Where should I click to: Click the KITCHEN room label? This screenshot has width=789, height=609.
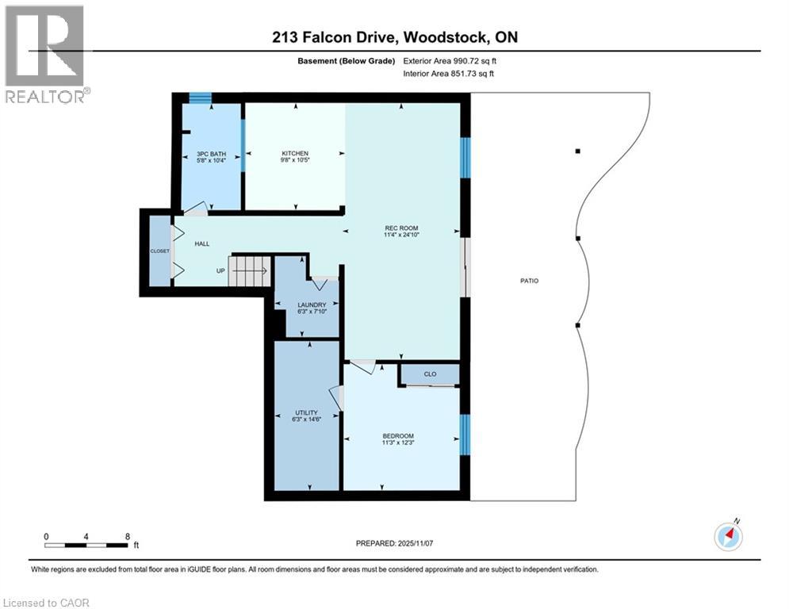pos(294,154)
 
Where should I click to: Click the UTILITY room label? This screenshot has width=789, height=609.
pos(306,412)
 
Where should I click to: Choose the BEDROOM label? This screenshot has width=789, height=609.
pos(398,436)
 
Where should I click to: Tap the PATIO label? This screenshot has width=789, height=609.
pos(530,280)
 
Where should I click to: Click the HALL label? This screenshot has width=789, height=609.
pos(202,243)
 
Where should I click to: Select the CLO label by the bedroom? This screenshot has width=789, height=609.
pos(429,373)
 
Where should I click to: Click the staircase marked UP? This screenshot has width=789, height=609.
pos(250,270)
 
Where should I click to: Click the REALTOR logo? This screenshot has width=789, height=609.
pos(45,54)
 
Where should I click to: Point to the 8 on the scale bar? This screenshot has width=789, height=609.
pos(128,536)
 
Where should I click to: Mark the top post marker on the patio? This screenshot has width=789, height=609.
pos(578,151)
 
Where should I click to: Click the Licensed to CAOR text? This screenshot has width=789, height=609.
pos(46,603)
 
